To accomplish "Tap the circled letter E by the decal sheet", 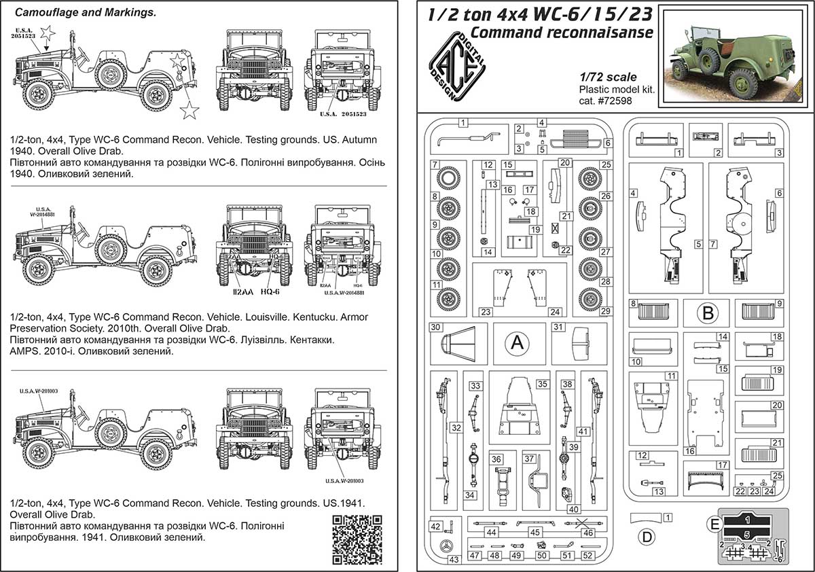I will (713, 524).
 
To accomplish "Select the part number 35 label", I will (541, 384).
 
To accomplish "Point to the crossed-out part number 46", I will (588, 533).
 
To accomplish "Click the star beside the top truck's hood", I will (47, 32).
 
